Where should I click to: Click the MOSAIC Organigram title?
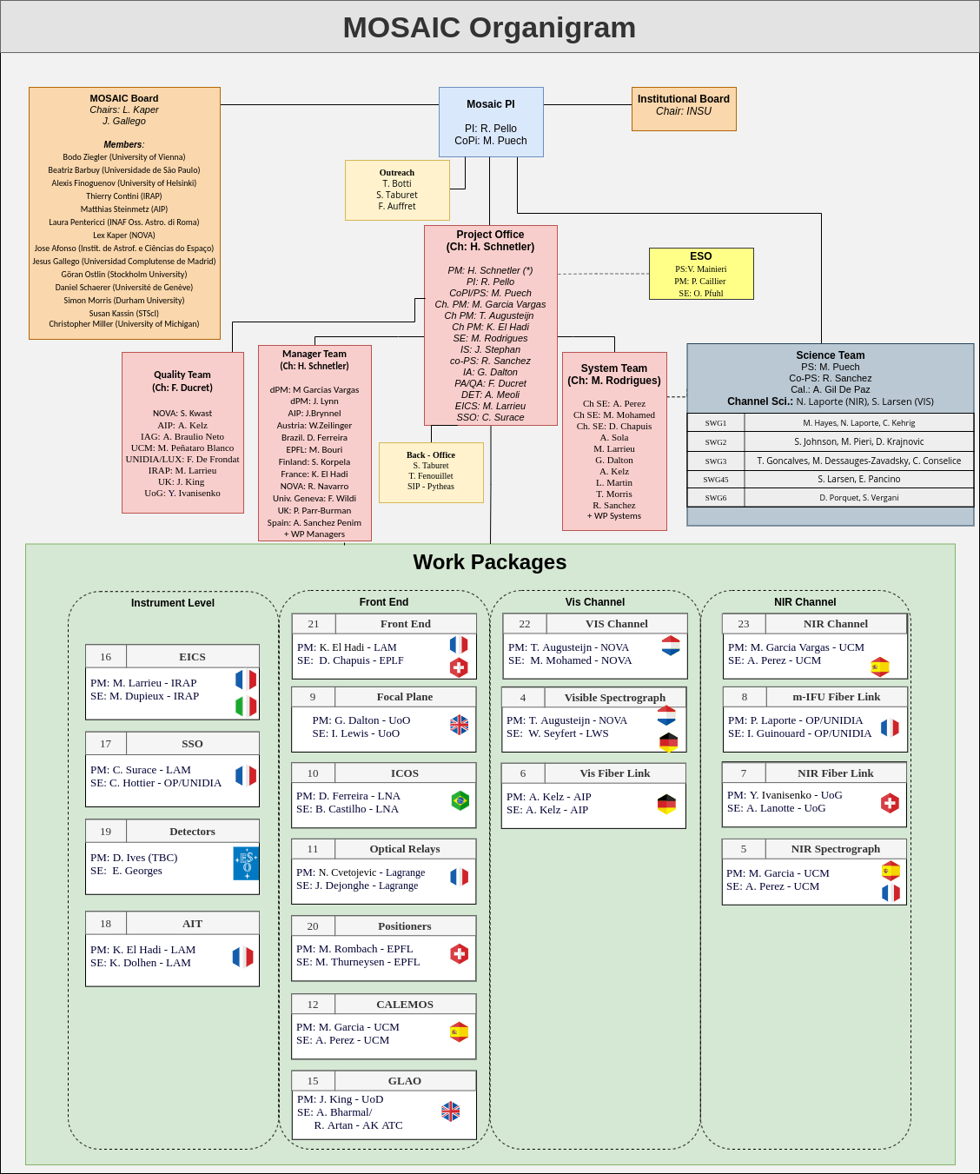[x=489, y=28]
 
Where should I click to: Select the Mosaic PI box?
[x=491, y=122]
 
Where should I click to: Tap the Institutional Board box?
[x=684, y=109]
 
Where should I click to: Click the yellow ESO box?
[x=701, y=274]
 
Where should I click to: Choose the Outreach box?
[x=397, y=189]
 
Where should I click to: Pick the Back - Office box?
[x=431, y=472]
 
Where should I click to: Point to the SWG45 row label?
[x=716, y=480]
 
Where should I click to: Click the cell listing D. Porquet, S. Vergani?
[x=858, y=498]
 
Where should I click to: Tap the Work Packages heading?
[x=489, y=562]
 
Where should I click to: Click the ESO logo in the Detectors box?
[x=247, y=863]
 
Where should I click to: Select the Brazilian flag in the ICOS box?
[x=460, y=800]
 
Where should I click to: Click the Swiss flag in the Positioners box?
[x=460, y=953]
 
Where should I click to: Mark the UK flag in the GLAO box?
[x=450, y=1111]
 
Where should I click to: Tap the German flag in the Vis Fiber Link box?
[x=666, y=804]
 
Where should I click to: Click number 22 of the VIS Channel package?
[x=525, y=624]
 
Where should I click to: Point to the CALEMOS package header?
[x=404, y=1005]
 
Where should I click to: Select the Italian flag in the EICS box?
[x=246, y=706]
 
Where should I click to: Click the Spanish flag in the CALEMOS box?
[x=459, y=1031]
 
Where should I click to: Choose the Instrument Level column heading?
[x=173, y=603]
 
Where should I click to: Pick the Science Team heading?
[x=830, y=355]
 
